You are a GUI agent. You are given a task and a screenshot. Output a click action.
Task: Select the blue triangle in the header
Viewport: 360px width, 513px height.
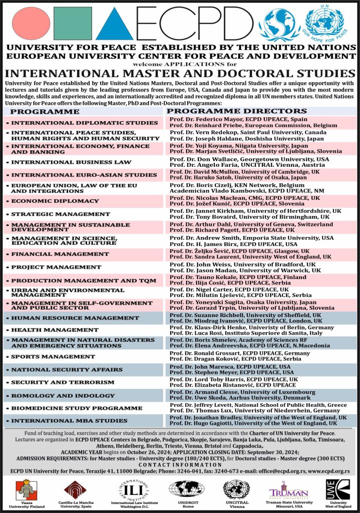click(x=115, y=24)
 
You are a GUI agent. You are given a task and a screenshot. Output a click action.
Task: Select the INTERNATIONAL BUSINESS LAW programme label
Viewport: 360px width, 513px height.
click(x=71, y=162)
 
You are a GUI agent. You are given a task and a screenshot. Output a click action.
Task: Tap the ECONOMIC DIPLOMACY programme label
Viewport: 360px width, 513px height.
click(x=55, y=201)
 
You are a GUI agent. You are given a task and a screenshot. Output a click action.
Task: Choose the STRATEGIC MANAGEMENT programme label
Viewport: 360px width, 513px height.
click(x=58, y=214)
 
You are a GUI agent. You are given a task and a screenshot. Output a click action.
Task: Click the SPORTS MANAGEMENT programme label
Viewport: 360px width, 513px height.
click(x=53, y=357)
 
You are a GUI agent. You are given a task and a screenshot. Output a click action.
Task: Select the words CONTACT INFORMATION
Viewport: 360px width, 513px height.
click(x=180, y=464)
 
